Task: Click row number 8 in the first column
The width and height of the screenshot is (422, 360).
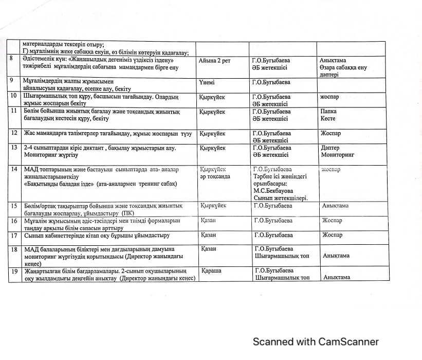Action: [x=11, y=60]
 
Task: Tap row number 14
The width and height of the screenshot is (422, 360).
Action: [x=13, y=169]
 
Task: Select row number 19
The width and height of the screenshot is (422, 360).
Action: [x=13, y=271]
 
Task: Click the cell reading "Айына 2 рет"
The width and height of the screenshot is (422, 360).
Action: [x=215, y=61]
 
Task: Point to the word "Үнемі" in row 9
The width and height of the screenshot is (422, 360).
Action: [x=207, y=82]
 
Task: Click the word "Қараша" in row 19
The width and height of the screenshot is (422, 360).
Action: [x=212, y=271]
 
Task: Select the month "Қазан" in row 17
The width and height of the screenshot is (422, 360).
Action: [x=208, y=235]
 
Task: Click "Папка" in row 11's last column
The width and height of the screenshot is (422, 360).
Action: [x=328, y=111]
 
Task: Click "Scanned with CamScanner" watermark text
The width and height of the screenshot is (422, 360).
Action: [x=315, y=342]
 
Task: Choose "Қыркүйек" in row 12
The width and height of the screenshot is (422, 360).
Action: [x=212, y=133]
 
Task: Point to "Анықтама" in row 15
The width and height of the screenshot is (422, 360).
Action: [x=335, y=206]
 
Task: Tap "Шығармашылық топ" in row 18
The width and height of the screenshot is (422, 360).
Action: [x=282, y=256]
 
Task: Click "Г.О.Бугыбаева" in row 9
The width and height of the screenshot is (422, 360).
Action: [x=271, y=82]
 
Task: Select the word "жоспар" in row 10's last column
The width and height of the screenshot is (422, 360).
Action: [x=329, y=97]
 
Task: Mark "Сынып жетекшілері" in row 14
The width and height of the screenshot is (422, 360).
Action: [x=281, y=197]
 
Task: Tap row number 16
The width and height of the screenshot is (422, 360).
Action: [x=14, y=221]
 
